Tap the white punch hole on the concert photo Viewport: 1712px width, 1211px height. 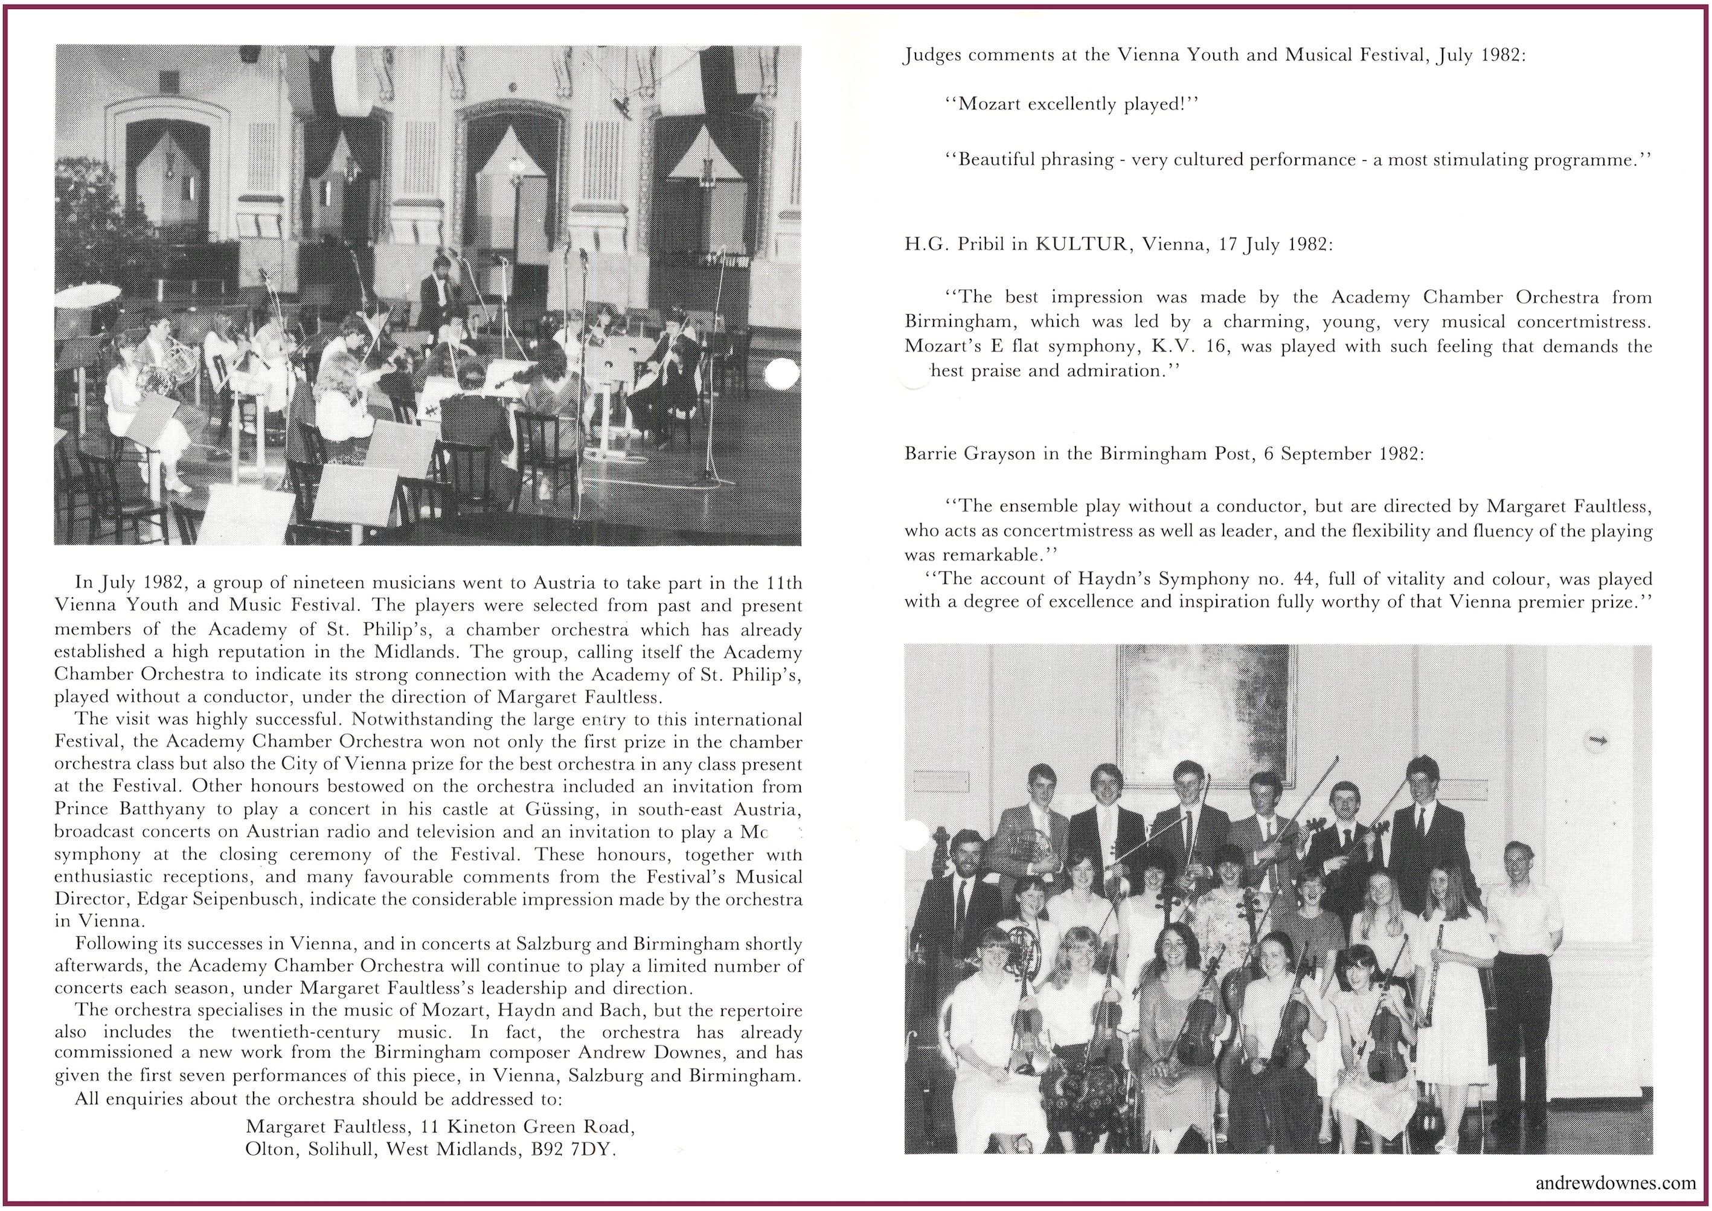pyautogui.click(x=782, y=374)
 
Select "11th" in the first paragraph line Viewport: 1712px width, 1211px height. pyautogui.click(x=783, y=582)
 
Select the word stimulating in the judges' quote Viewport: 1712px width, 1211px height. pyautogui.click(x=1492, y=160)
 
